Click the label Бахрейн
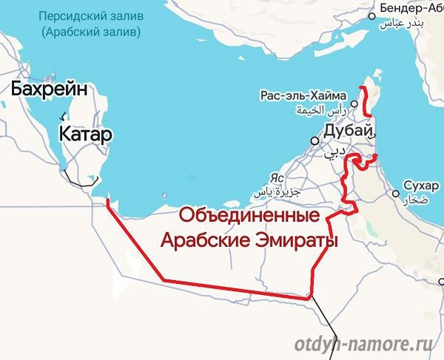click(50, 90)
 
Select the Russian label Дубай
click(346, 132)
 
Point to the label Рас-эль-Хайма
click(303, 95)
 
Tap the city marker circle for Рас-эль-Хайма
click(354, 103)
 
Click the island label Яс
click(277, 178)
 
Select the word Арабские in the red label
click(204, 241)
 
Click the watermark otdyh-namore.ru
click(363, 344)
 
